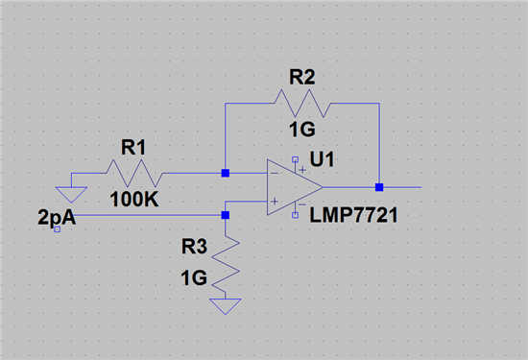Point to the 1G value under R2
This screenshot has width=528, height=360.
(x=303, y=130)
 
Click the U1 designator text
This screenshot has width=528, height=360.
(x=336, y=158)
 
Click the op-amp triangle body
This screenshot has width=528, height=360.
(x=293, y=187)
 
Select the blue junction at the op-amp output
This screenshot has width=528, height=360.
(x=379, y=187)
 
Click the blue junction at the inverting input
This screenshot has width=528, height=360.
(x=225, y=174)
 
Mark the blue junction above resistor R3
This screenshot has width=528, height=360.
(x=225, y=216)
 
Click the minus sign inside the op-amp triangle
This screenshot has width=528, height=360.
(x=275, y=175)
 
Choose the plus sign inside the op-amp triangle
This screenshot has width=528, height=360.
(x=275, y=201)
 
